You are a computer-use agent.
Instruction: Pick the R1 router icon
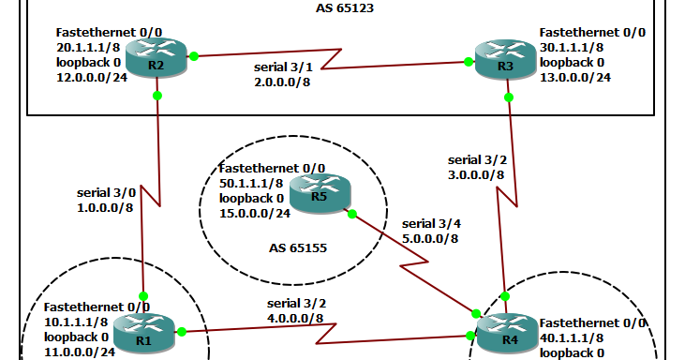pyautogui.click(x=143, y=334)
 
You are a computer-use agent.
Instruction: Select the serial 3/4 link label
pyautogui.click(x=432, y=223)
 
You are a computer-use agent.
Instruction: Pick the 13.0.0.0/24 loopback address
pyautogui.click(x=576, y=77)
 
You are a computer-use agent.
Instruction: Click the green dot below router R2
pyautogui.click(x=157, y=96)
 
